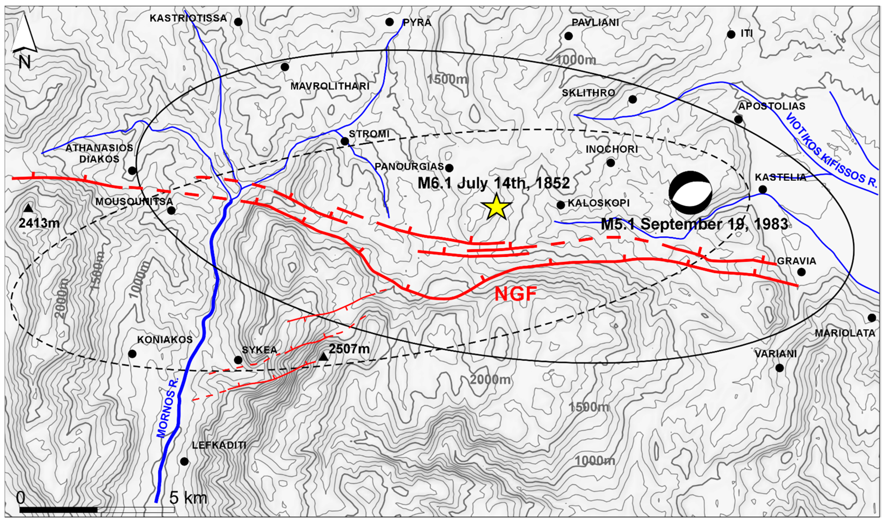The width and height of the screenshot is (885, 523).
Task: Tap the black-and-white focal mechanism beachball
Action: tap(690, 193)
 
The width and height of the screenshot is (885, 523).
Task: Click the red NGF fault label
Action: tap(516, 294)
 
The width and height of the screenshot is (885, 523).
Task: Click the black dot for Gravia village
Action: tap(801, 272)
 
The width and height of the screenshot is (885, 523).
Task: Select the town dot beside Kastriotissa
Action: tap(238, 22)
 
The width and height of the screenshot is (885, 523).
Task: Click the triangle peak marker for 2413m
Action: tap(28, 209)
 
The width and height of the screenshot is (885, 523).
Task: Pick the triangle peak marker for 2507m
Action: tap(323, 357)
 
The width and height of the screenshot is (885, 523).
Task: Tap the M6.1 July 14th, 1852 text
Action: tap(493, 183)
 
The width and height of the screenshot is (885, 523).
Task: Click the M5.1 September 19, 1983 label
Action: tap(694, 224)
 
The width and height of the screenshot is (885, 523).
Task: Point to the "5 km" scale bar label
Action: tap(188, 498)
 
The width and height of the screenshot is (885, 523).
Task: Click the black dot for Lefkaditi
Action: tap(184, 461)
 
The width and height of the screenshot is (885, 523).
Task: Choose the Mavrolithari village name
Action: tap(330, 86)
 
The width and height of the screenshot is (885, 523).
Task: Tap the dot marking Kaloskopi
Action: tap(560, 205)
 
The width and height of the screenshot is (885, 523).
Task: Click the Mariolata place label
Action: tap(845, 333)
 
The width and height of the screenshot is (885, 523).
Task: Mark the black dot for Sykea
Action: tap(238, 360)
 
